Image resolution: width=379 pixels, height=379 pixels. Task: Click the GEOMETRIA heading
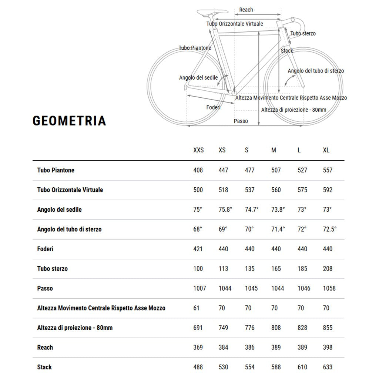69,121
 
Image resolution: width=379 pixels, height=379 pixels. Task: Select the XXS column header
198,150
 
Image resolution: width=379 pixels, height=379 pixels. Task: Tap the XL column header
326,150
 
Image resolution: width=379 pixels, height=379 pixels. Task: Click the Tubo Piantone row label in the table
56,170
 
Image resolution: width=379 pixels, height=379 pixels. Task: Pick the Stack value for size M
276,367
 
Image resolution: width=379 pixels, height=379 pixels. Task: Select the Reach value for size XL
328,348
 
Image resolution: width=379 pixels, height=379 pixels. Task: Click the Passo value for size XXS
199,288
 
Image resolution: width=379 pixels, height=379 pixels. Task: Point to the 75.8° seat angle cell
225,209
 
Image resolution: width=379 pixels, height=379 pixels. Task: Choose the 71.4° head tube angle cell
278,229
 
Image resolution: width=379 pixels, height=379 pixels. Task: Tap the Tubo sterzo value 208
328,269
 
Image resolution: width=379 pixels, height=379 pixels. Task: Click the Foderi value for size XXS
198,249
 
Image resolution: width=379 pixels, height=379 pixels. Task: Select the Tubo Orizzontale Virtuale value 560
276,190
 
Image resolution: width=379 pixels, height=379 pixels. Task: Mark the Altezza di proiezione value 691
198,328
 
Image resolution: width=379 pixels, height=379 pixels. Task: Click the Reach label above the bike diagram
246,10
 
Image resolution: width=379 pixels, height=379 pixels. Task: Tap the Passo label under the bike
241,121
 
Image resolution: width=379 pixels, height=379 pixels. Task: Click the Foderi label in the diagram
213,107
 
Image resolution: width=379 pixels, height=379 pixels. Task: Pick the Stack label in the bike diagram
287,51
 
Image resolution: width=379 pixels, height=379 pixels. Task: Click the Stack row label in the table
44,367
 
